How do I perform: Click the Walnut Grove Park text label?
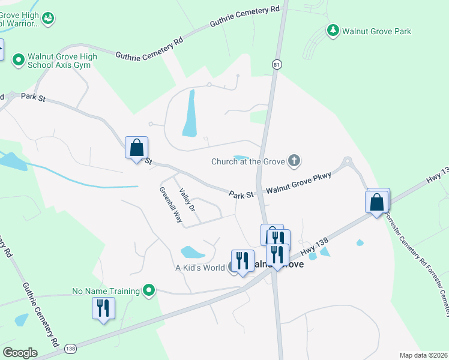pos(377,31)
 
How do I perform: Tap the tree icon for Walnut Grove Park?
pos(333,30)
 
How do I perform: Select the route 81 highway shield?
pos(275,64)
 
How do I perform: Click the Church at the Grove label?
pos(248,161)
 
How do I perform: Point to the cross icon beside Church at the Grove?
pos(294,161)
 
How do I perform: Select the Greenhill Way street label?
pos(170,205)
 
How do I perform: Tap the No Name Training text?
pos(106,291)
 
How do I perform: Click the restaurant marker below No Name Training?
pos(103,308)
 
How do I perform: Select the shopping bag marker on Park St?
pos(136,148)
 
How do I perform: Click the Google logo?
pos(20,352)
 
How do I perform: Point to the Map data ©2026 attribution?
pos(423,355)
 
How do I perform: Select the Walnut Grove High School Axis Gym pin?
pos(18,60)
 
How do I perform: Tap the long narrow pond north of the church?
pos(190,113)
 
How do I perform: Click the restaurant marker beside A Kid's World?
pos(242,260)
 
